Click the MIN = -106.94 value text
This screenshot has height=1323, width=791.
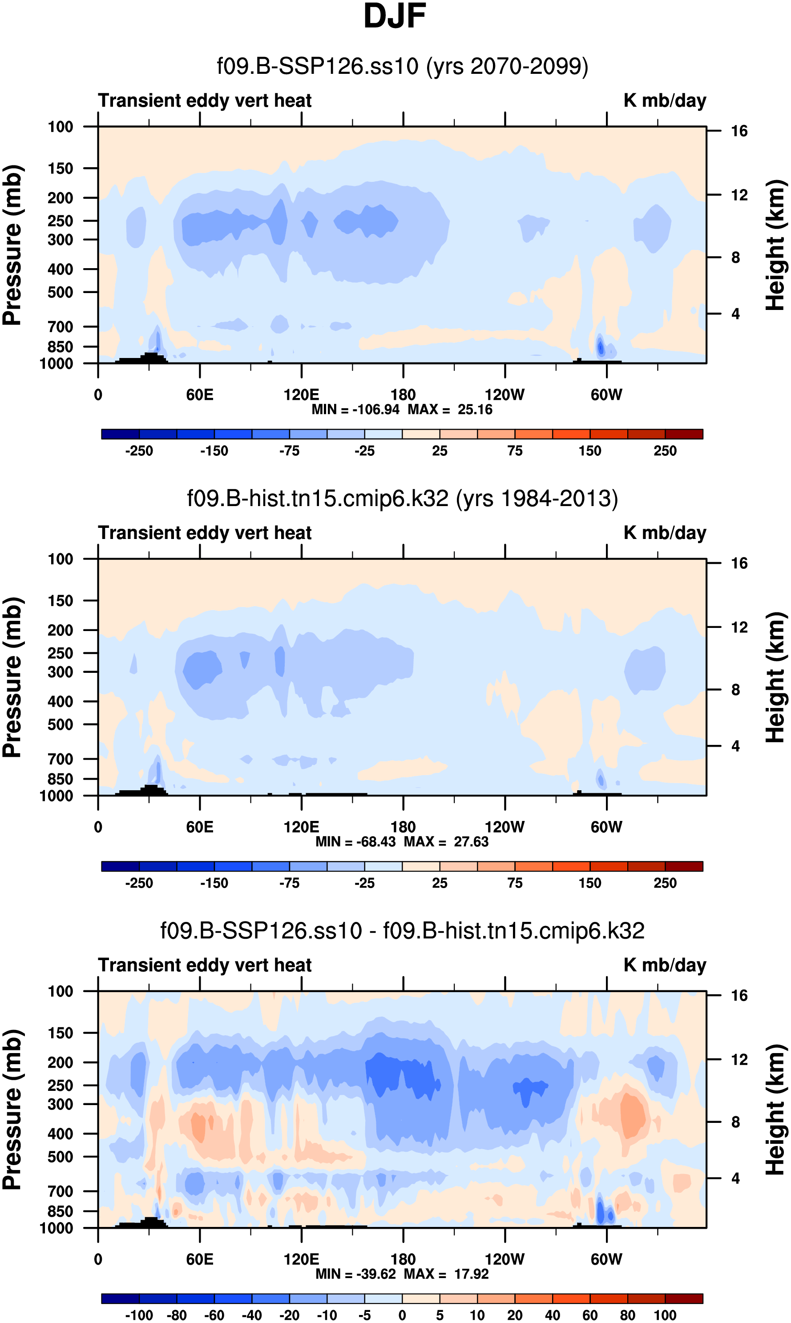pyautogui.click(x=355, y=410)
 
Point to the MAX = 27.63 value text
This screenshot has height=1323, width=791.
pyautogui.click(x=446, y=842)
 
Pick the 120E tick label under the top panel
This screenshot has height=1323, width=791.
pyautogui.click(x=301, y=395)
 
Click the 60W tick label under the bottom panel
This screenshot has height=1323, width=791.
pyautogui.click(x=606, y=1259)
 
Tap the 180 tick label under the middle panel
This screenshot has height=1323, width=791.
pyautogui.click(x=403, y=827)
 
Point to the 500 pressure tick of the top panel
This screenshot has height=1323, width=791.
pyautogui.click(x=60, y=293)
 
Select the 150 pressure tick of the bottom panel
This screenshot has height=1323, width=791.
pyautogui.click(x=60, y=1033)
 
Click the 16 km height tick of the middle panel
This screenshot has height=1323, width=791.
pyautogui.click(x=739, y=563)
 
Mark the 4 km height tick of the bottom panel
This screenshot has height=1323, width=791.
pyautogui.click(x=735, y=1178)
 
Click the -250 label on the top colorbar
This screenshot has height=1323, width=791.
pyautogui.click(x=139, y=451)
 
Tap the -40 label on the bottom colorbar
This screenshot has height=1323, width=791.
pyautogui.click(x=252, y=1315)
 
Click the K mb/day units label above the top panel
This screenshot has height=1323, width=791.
pyautogui.click(x=665, y=100)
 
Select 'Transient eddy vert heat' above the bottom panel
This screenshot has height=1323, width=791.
pyautogui.click(x=205, y=965)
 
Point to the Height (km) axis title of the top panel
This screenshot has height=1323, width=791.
pyautogui.click(x=775, y=245)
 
